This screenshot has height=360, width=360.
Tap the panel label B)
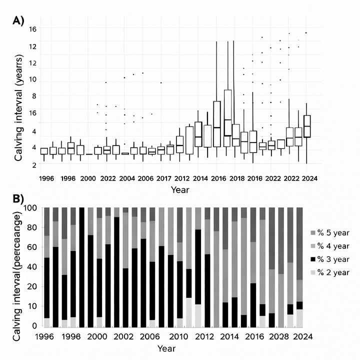[x=18, y=199]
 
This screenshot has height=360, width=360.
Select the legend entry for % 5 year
[x=329, y=233]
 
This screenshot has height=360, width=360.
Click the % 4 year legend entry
[x=329, y=246]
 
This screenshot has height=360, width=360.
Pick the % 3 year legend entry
[x=329, y=259]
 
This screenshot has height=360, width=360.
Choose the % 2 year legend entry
[x=329, y=272]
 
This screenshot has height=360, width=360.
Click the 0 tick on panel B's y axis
[x=34, y=325]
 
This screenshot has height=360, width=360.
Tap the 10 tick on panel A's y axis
[x=32, y=79]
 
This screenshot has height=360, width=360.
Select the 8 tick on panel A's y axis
[x=34, y=96]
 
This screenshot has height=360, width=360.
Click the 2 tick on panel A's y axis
[x=34, y=165]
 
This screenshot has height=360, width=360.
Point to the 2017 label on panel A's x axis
[x=163, y=178]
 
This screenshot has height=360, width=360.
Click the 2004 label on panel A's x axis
[x=127, y=178]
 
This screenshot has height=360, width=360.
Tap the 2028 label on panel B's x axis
[x=278, y=336]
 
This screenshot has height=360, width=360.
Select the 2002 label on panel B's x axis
[x=123, y=336]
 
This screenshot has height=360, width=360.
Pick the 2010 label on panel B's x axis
[x=178, y=336]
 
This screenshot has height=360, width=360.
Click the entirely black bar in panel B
[x=81, y=267]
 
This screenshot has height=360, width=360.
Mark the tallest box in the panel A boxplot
[x=228, y=118]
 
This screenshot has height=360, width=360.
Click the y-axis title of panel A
[x=19, y=107]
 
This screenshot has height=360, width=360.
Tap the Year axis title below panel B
[x=166, y=348]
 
